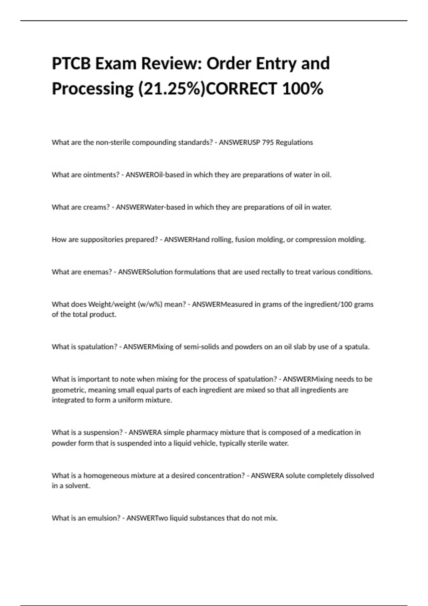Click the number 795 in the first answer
click(268, 142)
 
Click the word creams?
click(96, 207)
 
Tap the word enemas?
click(97, 272)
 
